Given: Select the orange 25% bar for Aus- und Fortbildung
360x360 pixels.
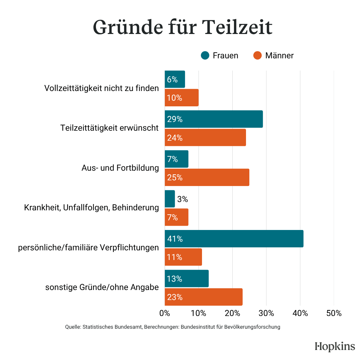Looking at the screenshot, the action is (207, 177).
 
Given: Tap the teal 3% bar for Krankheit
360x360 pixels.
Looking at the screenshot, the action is (170, 199).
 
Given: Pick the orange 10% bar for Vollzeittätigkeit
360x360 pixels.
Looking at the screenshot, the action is (182, 98).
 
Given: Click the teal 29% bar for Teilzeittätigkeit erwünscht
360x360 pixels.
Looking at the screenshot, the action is (214, 119).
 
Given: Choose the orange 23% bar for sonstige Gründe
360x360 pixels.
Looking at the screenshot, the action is (204, 297).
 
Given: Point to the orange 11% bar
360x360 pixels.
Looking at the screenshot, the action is (183, 257).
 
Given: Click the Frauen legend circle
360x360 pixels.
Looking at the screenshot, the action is (205, 55).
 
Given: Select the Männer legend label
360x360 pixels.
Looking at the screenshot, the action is (279, 56).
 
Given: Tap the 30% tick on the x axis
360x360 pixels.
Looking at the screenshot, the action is (266, 313).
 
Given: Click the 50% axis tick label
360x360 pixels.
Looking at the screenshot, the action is (334, 313).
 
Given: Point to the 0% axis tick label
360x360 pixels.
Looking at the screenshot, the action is (165, 313).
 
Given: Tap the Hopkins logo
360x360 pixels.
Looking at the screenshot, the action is (335, 346).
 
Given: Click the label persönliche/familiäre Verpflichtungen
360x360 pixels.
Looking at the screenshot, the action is (88, 248).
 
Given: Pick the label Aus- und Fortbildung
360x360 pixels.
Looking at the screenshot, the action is (120, 168).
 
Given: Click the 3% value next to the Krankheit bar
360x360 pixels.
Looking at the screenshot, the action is (183, 199).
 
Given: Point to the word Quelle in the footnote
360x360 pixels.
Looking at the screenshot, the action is (72, 327).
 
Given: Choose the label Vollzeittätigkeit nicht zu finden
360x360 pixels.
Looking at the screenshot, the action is (101, 88).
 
